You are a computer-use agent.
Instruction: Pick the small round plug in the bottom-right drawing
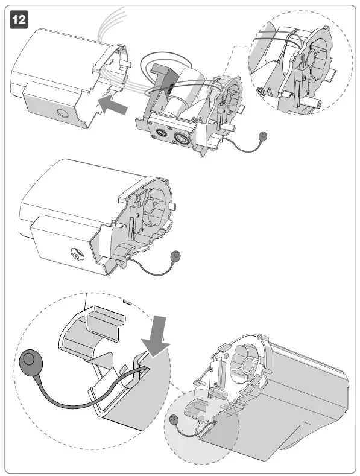(x=174, y=419)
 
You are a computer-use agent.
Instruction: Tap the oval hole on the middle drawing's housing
(x=75, y=255)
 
